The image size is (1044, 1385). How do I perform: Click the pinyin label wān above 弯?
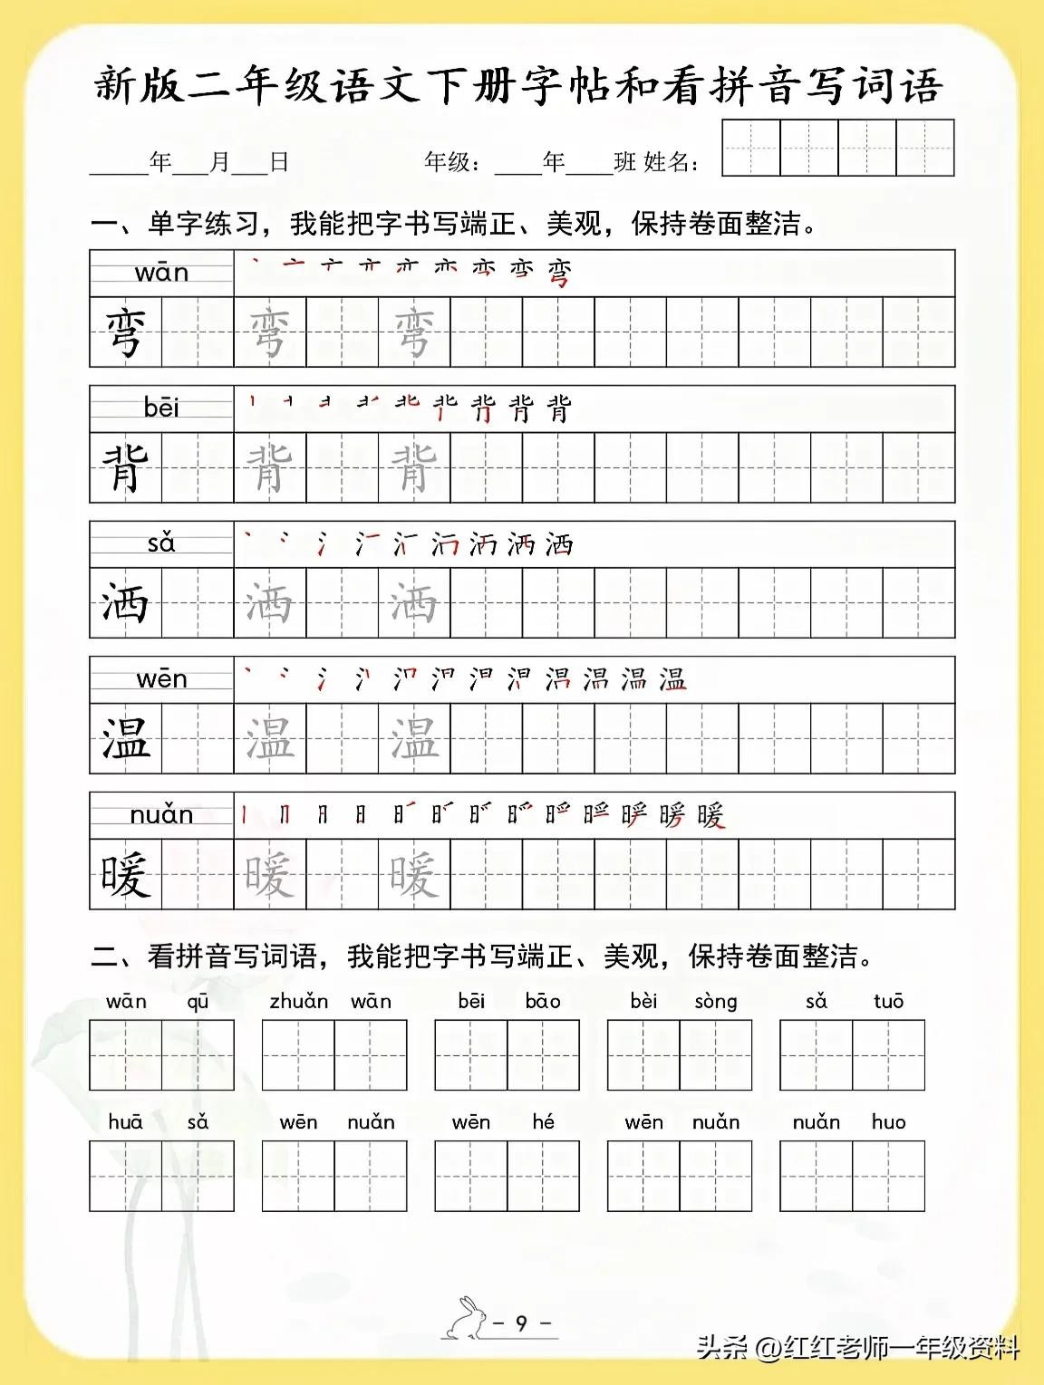(x=161, y=273)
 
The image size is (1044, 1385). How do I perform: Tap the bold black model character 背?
(x=125, y=467)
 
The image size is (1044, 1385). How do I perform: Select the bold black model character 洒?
(x=125, y=603)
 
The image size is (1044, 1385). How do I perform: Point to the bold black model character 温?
(x=125, y=738)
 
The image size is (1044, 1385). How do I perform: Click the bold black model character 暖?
(x=125, y=874)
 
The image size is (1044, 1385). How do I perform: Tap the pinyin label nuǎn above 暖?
(x=161, y=815)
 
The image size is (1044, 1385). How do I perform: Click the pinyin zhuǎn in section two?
(x=298, y=1001)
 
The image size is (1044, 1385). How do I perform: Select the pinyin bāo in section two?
(x=543, y=1001)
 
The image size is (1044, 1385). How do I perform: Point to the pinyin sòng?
(x=716, y=1002)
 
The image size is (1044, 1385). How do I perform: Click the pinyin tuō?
(x=888, y=1001)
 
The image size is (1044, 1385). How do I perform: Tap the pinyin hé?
(x=543, y=1121)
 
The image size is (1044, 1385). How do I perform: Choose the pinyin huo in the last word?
(x=888, y=1122)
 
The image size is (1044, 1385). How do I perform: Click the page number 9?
(x=521, y=1323)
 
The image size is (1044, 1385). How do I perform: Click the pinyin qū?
(x=198, y=1002)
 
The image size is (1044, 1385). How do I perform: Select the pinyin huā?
(x=125, y=1122)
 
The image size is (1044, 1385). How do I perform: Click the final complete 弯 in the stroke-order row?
(x=560, y=272)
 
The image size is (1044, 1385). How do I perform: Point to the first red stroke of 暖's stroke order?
(x=244, y=815)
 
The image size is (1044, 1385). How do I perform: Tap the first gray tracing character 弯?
(x=269, y=332)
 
